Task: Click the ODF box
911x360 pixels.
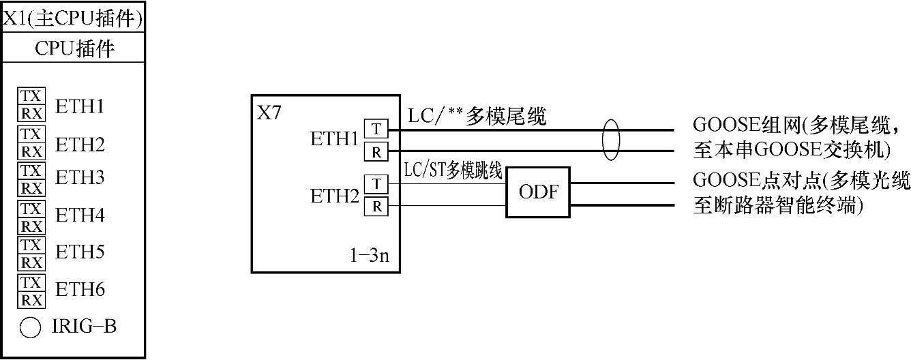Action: (x=538, y=192)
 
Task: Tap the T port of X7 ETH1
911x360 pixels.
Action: (x=376, y=129)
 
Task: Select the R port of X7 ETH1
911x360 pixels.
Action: (x=376, y=151)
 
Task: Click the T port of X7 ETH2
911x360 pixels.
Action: (x=376, y=183)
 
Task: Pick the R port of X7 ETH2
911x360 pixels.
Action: (x=376, y=205)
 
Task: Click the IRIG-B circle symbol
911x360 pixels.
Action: (x=30, y=329)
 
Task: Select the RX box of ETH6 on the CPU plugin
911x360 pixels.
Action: (x=31, y=300)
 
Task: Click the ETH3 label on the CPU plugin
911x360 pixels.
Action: (x=80, y=179)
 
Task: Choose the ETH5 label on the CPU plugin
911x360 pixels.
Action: (x=80, y=253)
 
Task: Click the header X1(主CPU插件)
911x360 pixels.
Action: (x=73, y=18)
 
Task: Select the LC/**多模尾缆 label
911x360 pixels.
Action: (x=477, y=117)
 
